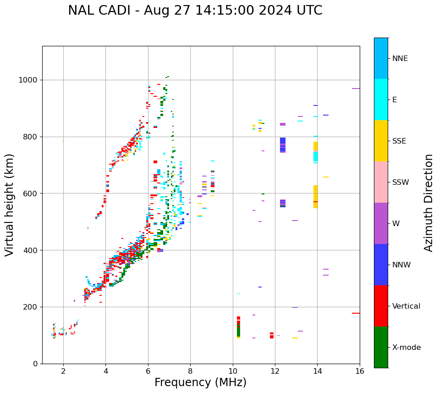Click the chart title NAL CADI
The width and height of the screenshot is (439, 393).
click(195, 11)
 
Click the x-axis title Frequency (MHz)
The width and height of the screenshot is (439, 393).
click(200, 382)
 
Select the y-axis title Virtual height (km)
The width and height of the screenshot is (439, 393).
click(10, 205)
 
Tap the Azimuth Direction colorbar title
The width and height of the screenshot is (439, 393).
click(428, 203)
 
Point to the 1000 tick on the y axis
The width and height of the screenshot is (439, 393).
click(30, 80)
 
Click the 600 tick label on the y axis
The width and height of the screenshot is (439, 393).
click(32, 194)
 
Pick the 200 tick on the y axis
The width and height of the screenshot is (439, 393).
click(32, 307)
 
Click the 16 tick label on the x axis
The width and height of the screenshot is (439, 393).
click(360, 371)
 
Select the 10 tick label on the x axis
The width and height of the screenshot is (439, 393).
click(233, 371)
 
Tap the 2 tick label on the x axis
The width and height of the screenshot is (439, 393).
click(63, 371)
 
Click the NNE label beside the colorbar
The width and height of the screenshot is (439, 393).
click(400, 59)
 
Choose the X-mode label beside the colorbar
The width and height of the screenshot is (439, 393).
click(406, 348)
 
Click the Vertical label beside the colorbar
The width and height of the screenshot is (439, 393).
click(406, 306)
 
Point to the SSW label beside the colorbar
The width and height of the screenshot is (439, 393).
click(401, 183)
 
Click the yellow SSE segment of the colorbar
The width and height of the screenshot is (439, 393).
click(381, 141)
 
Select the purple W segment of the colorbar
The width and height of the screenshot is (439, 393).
click(381, 223)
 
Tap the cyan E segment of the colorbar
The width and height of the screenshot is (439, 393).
click(381, 100)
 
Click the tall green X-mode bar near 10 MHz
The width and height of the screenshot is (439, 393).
click(238, 330)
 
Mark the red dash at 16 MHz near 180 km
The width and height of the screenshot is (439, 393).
click(356, 313)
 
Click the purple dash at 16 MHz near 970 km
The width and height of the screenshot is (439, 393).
click(356, 89)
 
